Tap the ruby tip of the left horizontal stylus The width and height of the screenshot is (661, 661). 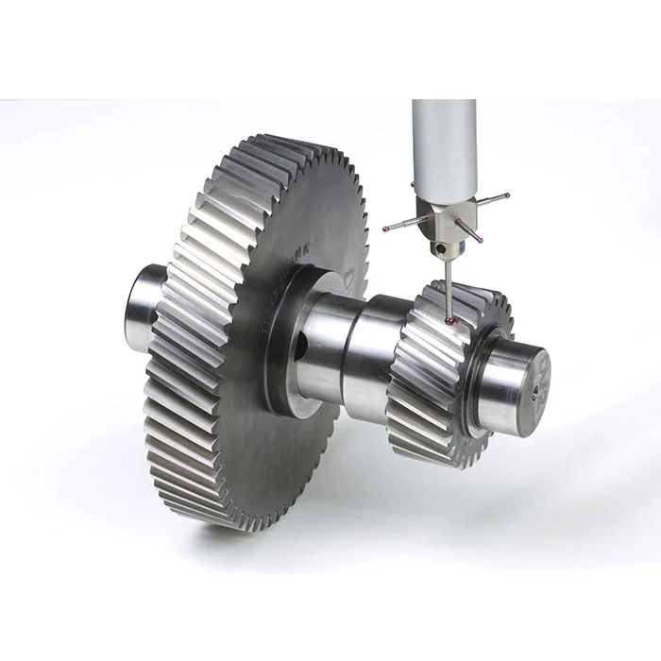click(x=385, y=228)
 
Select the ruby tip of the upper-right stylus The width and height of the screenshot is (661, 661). click(x=507, y=195)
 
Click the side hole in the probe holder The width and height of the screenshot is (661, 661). click(x=440, y=248)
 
